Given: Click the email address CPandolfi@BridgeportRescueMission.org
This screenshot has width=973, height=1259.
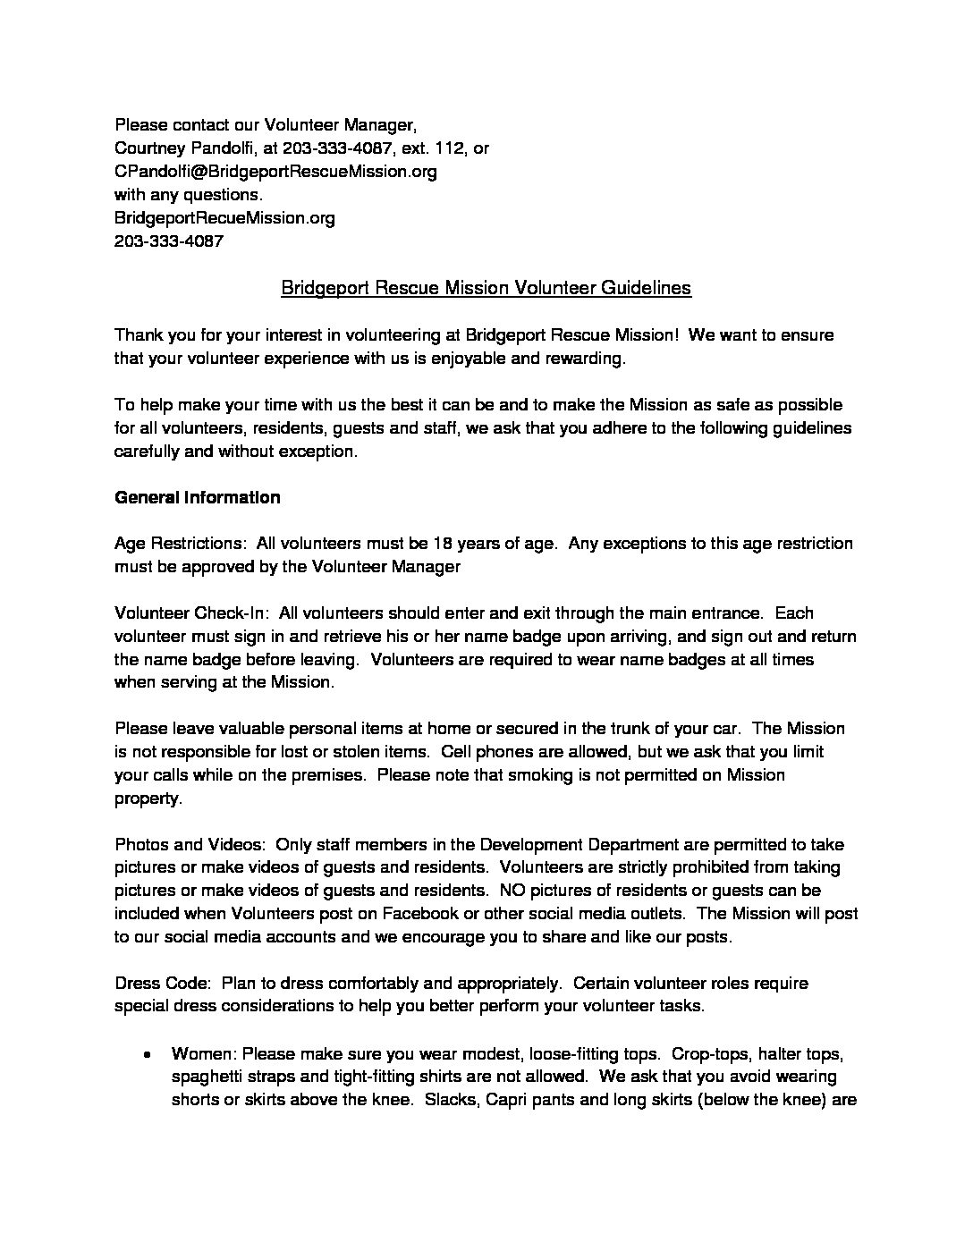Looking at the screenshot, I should click(x=275, y=172).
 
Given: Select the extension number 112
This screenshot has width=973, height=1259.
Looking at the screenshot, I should click(x=449, y=148).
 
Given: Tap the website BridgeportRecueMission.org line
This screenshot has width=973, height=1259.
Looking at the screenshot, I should click(x=224, y=218).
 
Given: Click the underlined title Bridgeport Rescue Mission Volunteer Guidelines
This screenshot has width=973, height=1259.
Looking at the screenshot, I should click(x=486, y=288).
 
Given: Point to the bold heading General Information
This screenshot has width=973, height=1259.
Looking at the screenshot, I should click(x=198, y=497).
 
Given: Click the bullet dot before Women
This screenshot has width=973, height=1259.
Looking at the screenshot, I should click(x=146, y=1054).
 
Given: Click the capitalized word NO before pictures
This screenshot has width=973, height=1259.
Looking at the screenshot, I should click(x=512, y=891).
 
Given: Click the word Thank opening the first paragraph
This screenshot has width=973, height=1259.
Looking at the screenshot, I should click(x=140, y=335).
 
